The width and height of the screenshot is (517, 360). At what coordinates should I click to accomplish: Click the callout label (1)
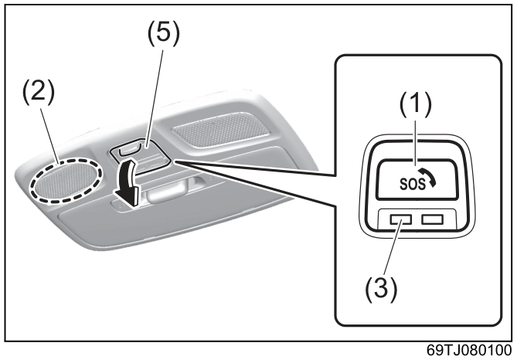click(x=416, y=104)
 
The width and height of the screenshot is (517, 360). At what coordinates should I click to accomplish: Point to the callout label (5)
click(x=164, y=33)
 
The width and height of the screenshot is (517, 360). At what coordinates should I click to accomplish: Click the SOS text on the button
click(x=413, y=184)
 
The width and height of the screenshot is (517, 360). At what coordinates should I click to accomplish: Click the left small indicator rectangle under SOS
click(x=400, y=219)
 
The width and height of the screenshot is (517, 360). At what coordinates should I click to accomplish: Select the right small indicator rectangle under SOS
click(x=432, y=219)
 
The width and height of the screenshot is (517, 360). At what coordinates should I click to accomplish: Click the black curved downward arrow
click(x=127, y=182)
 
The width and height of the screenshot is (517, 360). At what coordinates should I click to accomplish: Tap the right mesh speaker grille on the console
click(x=221, y=129)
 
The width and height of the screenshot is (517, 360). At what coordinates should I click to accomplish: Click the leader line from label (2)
click(x=49, y=136)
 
